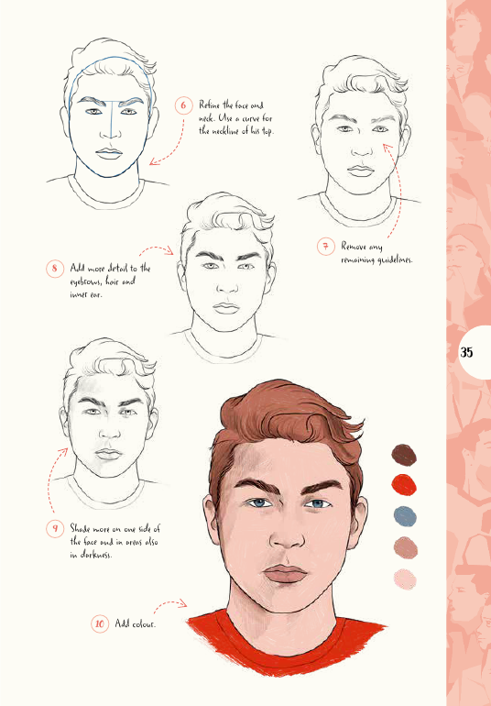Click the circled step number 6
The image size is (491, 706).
coord(183,105)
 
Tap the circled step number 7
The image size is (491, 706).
coord(325,247)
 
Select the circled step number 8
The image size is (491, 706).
coord(54,269)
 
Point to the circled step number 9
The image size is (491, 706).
coord(55,528)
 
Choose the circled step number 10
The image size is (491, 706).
coord(100,623)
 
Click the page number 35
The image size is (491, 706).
coord(466,352)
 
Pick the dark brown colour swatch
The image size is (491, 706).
coord(404,455)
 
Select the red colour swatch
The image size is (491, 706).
coord(404,485)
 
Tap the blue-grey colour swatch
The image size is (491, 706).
coord(405,516)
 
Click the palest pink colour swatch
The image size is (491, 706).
coord(405,579)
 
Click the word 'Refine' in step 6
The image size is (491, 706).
coord(209,105)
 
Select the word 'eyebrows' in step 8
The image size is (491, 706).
coord(85,281)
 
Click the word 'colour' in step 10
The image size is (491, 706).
coord(144,624)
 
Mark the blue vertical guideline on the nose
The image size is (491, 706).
coord(111,119)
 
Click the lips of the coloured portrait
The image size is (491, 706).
coord(285,575)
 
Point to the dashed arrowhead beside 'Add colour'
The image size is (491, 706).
coord(182,603)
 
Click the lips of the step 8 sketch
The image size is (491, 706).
coord(226,308)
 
